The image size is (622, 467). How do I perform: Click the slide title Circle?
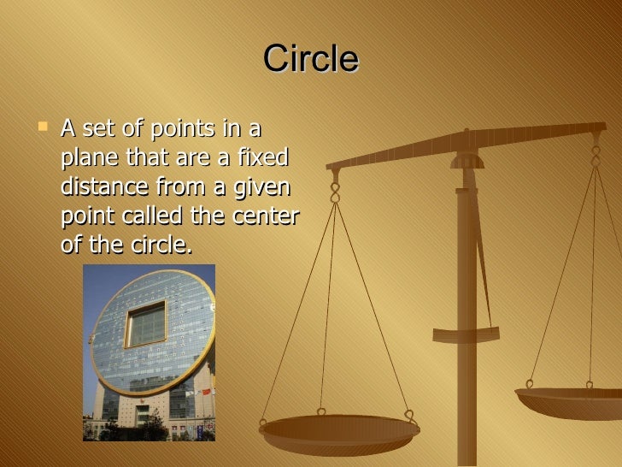[x=311, y=60]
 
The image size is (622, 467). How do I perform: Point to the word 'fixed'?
[x=263, y=158]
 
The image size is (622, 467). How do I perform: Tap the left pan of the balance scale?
[x=339, y=431]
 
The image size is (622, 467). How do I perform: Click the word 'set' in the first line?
[x=97, y=129]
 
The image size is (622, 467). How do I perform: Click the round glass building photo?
[x=149, y=352]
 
